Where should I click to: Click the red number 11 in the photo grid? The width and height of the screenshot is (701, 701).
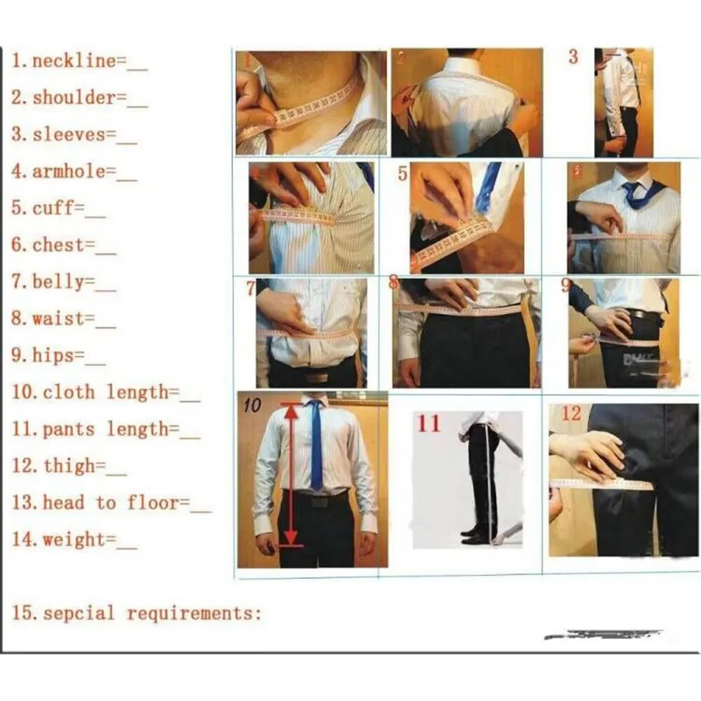[429, 423]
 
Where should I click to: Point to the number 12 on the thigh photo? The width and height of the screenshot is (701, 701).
[571, 414]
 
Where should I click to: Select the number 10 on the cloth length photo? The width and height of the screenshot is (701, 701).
[252, 405]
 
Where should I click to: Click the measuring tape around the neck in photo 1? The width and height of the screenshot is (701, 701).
[308, 109]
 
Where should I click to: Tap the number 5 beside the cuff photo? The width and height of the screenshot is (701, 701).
[402, 173]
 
